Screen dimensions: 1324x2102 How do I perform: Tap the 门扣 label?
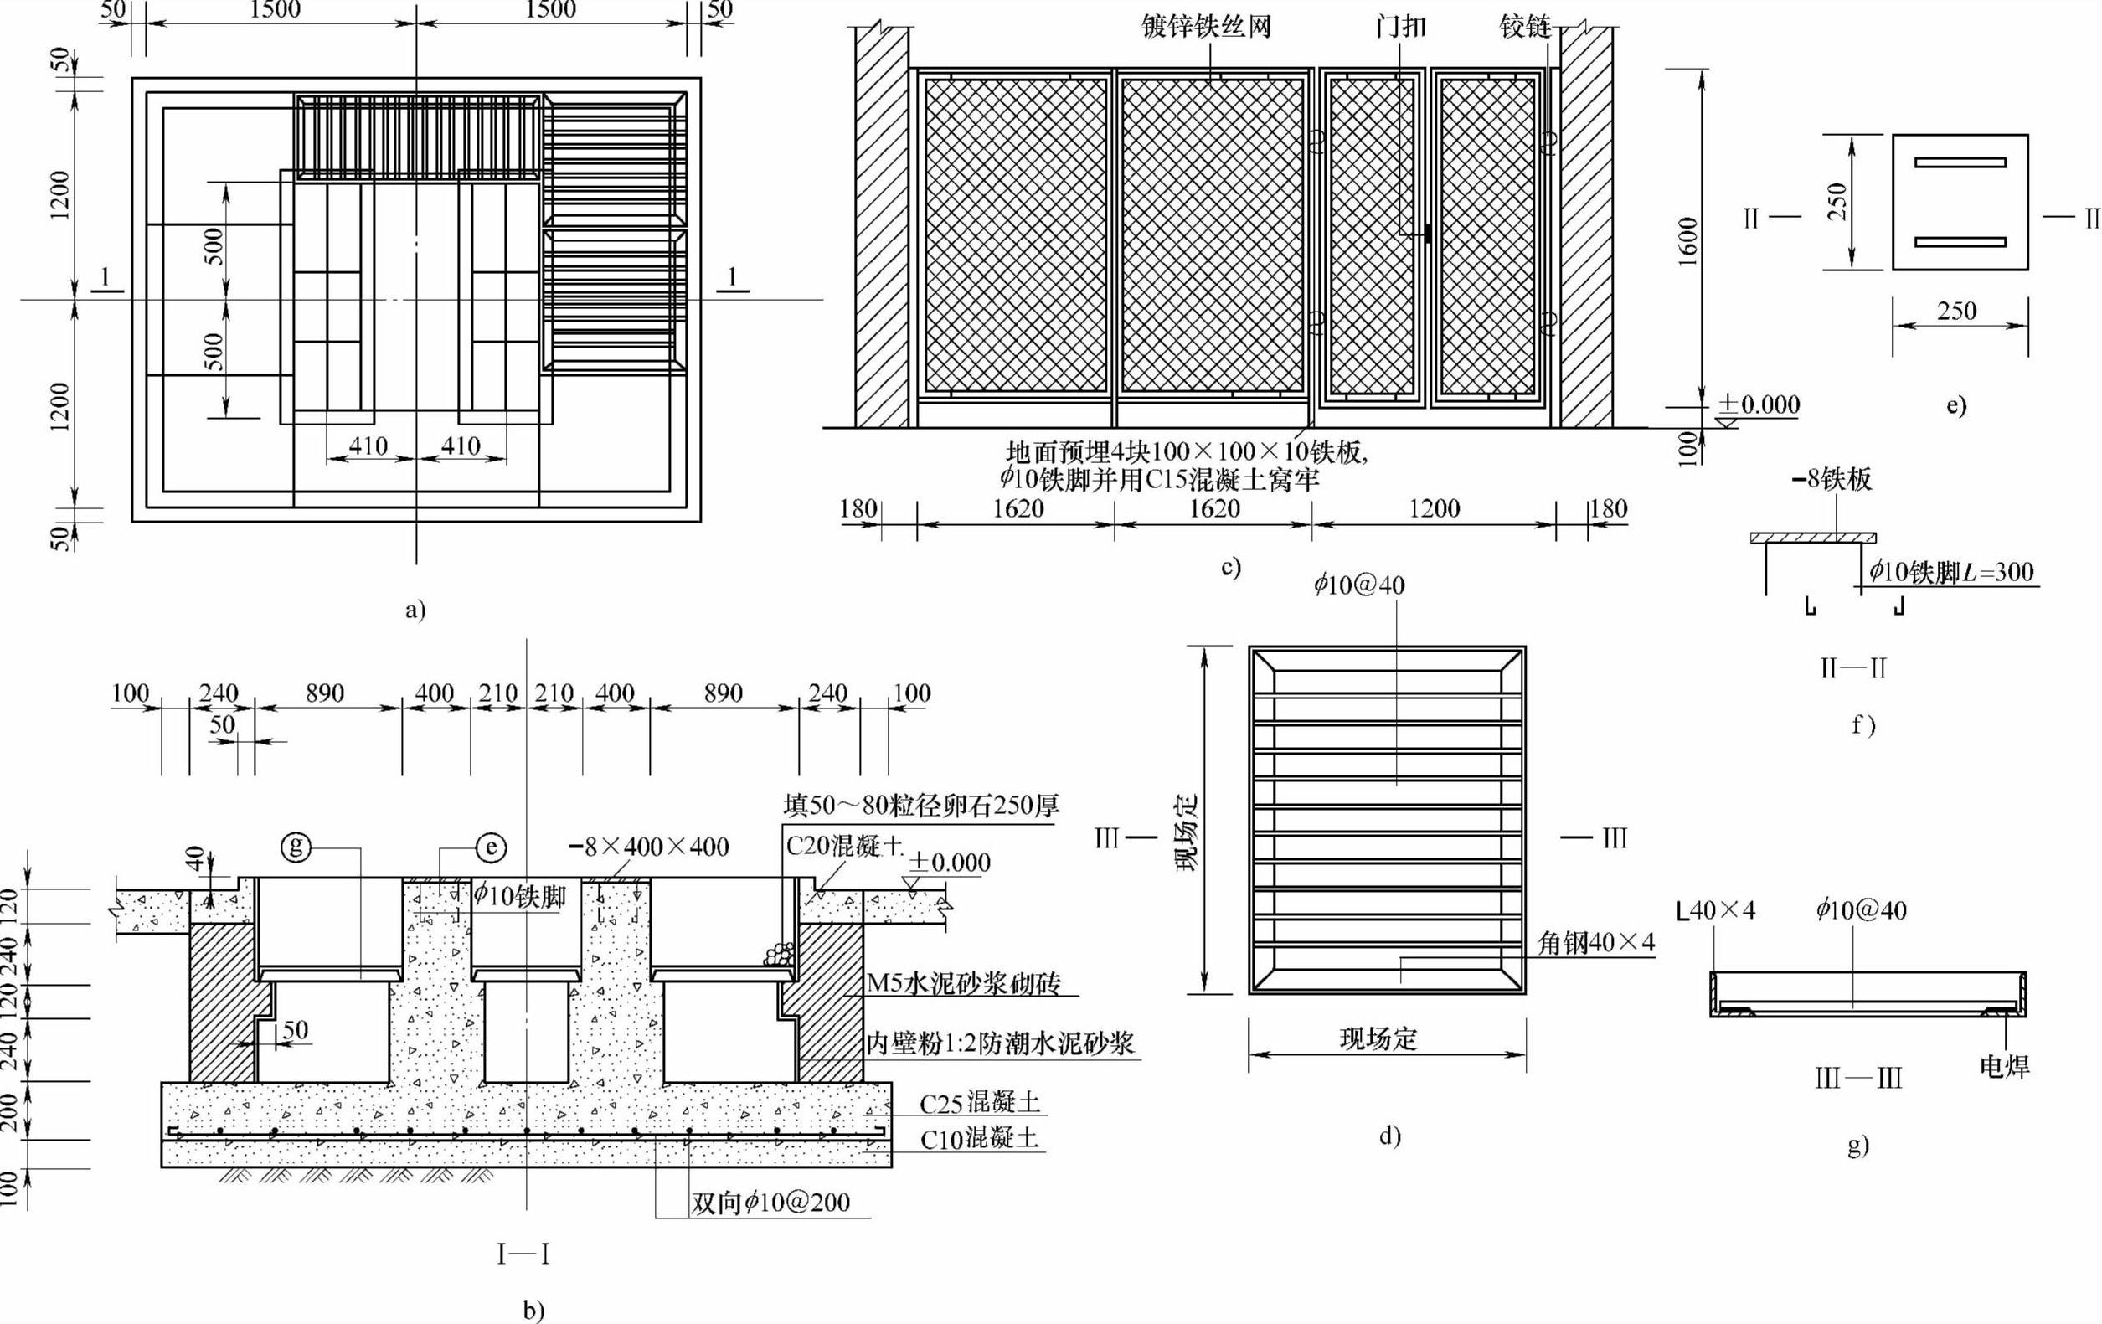pos(1400,27)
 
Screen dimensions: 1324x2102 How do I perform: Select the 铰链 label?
pos(1525,27)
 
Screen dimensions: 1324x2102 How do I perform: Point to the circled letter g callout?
pos(296,846)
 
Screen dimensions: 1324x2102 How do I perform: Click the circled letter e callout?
pos(492,847)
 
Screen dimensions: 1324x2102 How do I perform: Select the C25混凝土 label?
pos(980,1103)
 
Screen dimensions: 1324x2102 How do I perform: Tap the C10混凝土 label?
pos(980,1138)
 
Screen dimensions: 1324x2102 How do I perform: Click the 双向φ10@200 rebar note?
pos(770,1203)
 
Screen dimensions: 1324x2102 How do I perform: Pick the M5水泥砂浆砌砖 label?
pos(964,984)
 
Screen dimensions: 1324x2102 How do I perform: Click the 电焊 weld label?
pos(2004,1066)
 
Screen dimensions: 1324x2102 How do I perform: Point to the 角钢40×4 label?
pos(1595,943)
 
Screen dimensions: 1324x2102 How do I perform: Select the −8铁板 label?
pos(1832,479)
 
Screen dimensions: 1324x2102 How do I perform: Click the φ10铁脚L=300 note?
pos(1951,573)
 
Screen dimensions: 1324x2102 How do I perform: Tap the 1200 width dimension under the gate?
pos(1435,508)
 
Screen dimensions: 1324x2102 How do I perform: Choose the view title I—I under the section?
pos(523,1255)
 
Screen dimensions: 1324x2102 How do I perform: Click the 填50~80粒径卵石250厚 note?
pos(921,805)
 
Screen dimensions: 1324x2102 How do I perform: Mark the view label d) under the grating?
pos(1389,1136)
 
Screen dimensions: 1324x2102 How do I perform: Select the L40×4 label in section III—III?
pos(1716,911)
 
